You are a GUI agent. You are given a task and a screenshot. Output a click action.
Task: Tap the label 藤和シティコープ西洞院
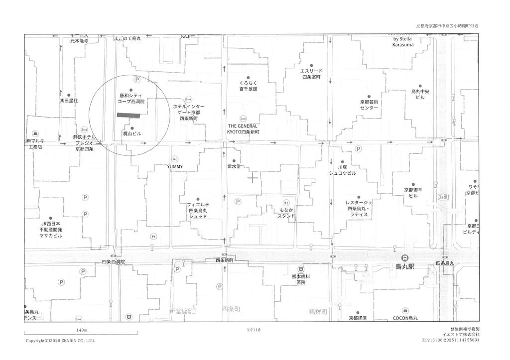pyautogui.click(x=130, y=98)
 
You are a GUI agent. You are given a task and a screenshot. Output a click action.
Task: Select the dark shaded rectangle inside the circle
pyautogui.click(x=128, y=115)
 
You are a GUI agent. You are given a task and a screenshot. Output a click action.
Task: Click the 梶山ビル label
pyautogui.click(x=132, y=133)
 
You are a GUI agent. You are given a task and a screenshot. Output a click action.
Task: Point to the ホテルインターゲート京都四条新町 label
pyautogui.click(x=189, y=113)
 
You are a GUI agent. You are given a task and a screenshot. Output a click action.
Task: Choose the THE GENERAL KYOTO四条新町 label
pyautogui.click(x=243, y=129)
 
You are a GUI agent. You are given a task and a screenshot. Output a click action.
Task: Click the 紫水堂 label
pyautogui.click(x=234, y=167)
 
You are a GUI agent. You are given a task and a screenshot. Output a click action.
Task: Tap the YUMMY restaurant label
pyautogui.click(x=175, y=166)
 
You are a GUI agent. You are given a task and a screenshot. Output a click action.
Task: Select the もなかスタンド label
pyautogui.click(x=286, y=213)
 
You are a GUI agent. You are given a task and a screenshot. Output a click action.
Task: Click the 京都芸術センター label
pyautogui.click(x=369, y=105)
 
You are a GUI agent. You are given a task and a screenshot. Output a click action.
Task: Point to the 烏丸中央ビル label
pyautogui.click(x=420, y=94)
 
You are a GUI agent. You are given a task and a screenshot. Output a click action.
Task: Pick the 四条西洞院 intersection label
pyautogui.click(x=114, y=261)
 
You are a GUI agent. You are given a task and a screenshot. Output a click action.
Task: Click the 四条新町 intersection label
pyautogui.click(x=225, y=260)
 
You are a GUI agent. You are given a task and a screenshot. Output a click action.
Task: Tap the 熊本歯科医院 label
pyautogui.click(x=301, y=279)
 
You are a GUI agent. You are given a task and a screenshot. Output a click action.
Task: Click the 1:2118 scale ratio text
pyautogui.click(x=254, y=330)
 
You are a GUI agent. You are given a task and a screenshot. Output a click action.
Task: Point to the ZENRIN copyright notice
pyautogui.click(x=60, y=341)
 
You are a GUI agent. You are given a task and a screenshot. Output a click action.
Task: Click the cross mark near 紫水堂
pyautogui.click(x=253, y=178)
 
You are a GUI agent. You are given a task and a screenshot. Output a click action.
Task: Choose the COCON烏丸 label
pyautogui.click(x=405, y=318)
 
